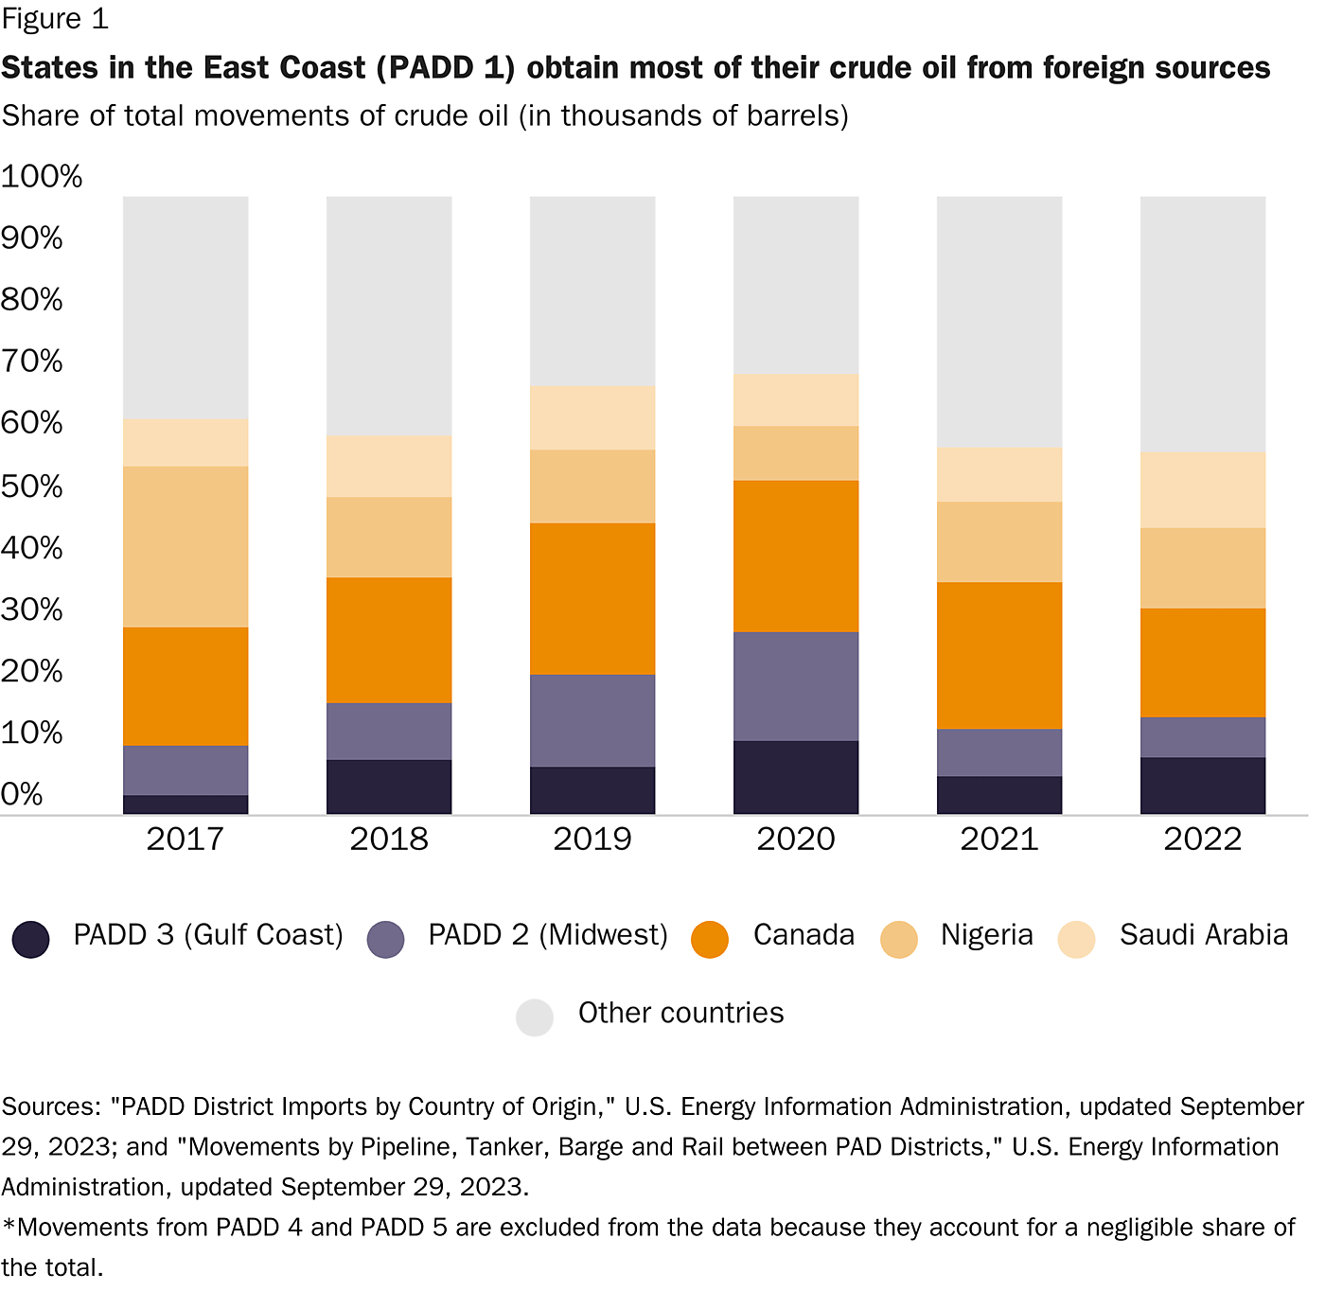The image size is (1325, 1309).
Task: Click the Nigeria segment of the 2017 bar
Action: (185, 546)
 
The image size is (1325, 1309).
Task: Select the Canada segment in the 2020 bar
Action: (795, 556)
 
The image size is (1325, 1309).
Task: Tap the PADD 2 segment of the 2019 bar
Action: (592, 720)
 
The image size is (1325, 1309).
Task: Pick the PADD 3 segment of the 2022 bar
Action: (1202, 785)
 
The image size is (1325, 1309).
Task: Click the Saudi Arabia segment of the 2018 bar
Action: (389, 466)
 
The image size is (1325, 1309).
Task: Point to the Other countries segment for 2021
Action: (998, 322)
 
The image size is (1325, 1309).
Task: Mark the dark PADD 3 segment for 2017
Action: (185, 804)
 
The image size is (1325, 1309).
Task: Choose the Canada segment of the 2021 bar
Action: (998, 655)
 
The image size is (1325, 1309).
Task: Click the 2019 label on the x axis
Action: (592, 839)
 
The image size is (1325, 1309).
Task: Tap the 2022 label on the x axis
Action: (1202, 839)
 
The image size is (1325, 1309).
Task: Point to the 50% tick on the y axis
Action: (31, 486)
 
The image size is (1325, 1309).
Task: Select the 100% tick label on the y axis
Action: (42, 176)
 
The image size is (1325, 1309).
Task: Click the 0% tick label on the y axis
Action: (22, 794)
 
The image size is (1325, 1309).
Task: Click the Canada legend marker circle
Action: (710, 939)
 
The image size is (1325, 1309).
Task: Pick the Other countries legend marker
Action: (535, 1017)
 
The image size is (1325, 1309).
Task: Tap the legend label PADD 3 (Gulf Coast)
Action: (208, 935)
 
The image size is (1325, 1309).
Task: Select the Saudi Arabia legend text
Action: (1203, 935)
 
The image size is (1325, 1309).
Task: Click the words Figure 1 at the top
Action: (55, 19)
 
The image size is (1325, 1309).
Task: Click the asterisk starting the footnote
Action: (9, 1227)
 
